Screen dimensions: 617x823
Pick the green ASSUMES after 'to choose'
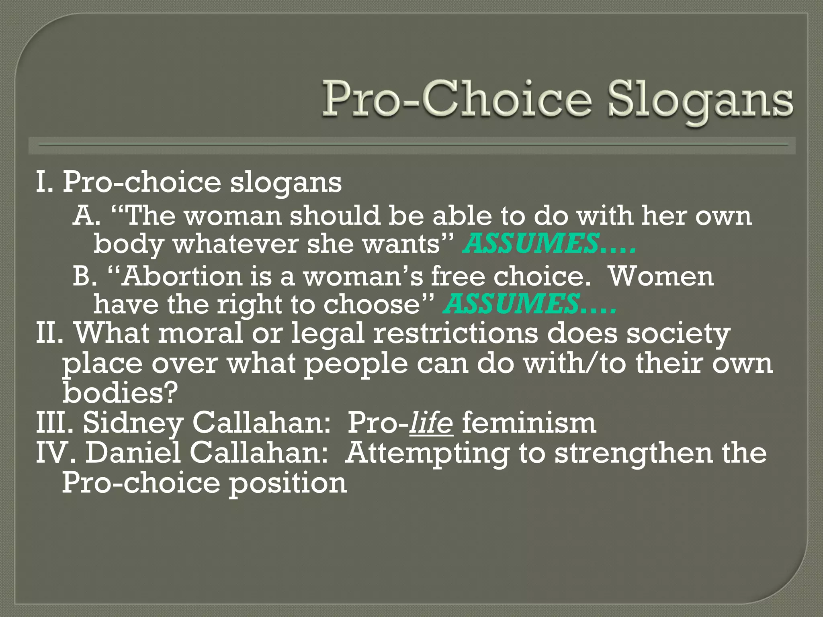coord(511,304)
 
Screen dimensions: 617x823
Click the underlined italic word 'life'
coord(431,423)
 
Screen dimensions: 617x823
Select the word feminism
coord(529,423)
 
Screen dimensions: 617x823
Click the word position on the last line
coord(288,483)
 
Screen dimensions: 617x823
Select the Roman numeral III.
coord(54,423)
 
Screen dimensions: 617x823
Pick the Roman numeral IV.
coord(56,453)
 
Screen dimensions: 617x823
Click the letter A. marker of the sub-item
coord(86,216)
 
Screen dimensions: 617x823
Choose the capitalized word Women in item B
coord(661,276)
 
